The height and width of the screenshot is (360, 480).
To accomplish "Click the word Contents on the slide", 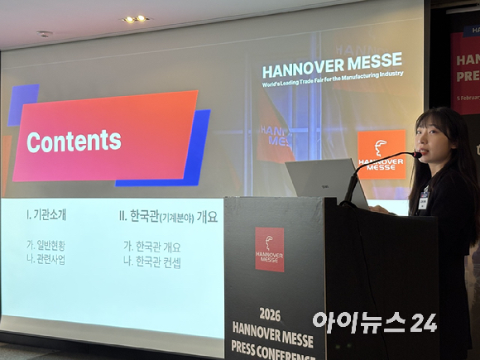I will click(x=74, y=142).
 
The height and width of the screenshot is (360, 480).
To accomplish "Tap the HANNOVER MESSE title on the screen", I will click(x=332, y=60).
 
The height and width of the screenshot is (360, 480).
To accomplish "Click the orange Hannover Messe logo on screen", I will click(x=381, y=154).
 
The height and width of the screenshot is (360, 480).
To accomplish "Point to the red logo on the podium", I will click(x=269, y=249).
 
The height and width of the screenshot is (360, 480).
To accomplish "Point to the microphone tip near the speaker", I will click(x=415, y=153).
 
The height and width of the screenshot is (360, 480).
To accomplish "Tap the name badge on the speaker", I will click(x=423, y=200).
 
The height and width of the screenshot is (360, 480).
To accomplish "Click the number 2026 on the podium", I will click(x=270, y=314).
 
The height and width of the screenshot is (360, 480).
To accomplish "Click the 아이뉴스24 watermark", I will click(x=374, y=321).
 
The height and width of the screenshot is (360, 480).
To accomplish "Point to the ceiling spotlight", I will click(x=135, y=18).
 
